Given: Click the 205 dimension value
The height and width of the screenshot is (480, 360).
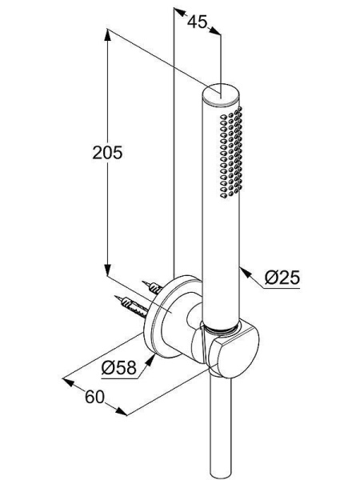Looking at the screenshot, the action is [x=107, y=152].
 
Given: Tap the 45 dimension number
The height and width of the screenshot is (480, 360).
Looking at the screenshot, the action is [x=197, y=22].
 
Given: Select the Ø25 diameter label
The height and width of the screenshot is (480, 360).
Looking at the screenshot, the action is [x=282, y=278].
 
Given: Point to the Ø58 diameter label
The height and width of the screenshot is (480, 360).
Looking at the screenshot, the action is [x=118, y=367].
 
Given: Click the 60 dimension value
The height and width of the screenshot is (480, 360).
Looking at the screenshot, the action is [x=94, y=397].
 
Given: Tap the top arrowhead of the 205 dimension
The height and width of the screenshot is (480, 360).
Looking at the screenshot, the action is [x=107, y=34].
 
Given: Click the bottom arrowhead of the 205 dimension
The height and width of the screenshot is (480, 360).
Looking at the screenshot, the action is [x=107, y=270].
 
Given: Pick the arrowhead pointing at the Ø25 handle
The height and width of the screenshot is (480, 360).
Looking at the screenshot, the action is [x=245, y=272].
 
